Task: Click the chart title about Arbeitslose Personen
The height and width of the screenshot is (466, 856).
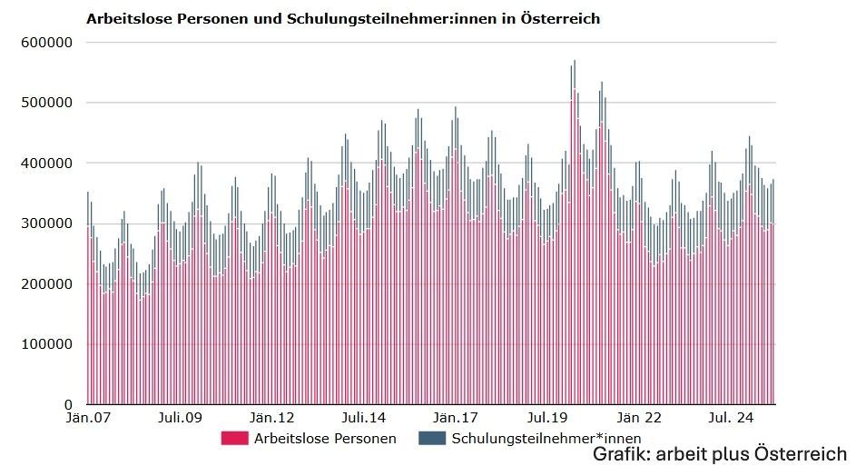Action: [342, 18]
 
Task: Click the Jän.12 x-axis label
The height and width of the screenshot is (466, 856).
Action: [273, 419]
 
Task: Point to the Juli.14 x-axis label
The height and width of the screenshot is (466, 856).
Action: [364, 419]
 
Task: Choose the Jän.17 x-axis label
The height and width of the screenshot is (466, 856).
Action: [457, 419]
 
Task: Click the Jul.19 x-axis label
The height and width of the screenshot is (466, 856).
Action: [549, 419]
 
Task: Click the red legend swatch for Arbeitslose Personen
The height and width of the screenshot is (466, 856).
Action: [234, 439]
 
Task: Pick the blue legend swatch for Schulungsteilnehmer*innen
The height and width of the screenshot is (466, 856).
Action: [431, 439]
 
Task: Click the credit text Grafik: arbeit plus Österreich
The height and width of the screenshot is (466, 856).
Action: [719, 453]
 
